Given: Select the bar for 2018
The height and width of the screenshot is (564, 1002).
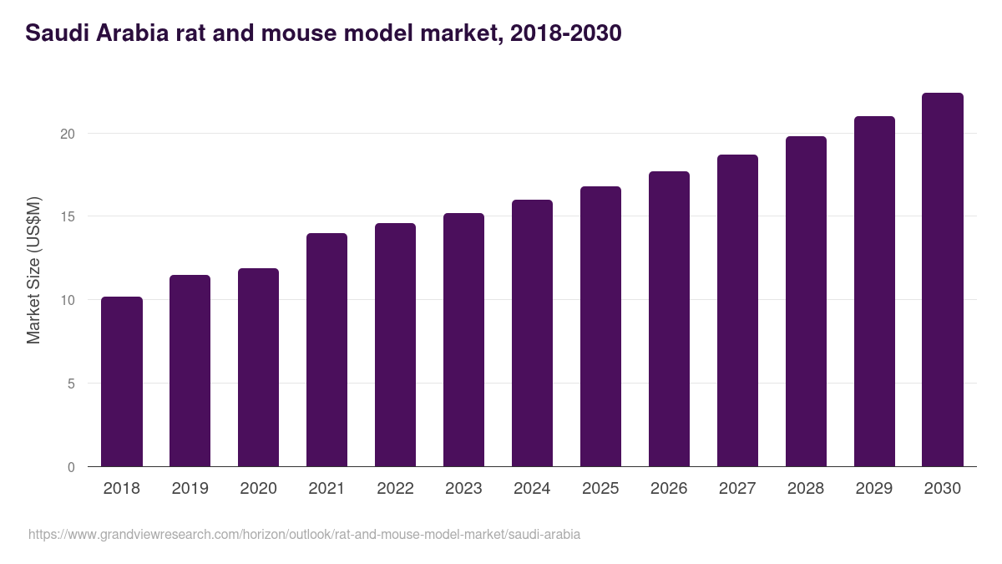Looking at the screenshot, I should [x=122, y=382].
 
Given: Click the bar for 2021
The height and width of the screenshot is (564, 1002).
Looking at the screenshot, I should [x=326, y=350].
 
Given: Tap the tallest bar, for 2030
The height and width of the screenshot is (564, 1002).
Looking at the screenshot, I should [x=943, y=280].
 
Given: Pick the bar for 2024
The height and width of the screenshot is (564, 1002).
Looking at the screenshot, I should [x=532, y=333].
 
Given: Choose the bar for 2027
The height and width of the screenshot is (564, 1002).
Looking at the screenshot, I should [x=737, y=311].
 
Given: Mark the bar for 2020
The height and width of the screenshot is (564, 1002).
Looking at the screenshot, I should [x=258, y=368].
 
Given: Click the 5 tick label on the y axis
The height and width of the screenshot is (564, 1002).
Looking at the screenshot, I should [x=72, y=384].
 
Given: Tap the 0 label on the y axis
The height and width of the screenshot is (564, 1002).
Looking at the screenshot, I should [x=72, y=467].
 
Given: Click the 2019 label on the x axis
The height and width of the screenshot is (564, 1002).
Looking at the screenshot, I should [x=190, y=489].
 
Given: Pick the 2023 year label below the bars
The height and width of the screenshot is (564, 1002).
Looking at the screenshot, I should [x=463, y=489].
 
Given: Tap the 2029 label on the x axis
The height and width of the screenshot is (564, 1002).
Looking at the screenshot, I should [x=874, y=489].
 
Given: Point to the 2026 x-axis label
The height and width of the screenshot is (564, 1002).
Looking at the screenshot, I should [x=669, y=489].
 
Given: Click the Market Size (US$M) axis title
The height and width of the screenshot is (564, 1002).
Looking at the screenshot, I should [x=33, y=269].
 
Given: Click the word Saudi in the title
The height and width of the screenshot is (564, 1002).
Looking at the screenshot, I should [x=53, y=33].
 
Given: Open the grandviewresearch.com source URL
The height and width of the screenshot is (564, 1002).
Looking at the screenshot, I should [x=304, y=534].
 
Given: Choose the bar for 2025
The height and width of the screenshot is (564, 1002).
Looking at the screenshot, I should [x=600, y=327].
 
